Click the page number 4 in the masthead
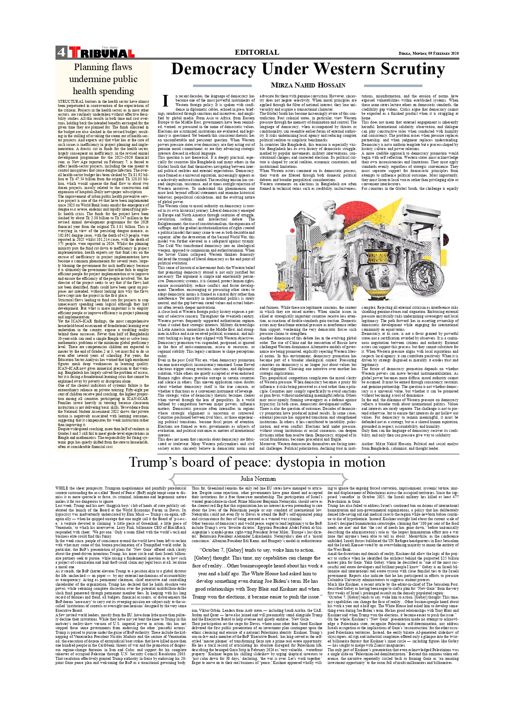point(61,52)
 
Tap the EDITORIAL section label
point(257,52)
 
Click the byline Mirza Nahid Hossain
point(308,85)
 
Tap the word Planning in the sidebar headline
point(91,67)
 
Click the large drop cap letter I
point(165,101)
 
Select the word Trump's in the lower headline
point(153,462)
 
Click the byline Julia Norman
point(258,479)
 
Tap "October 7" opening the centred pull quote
point(215,550)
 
